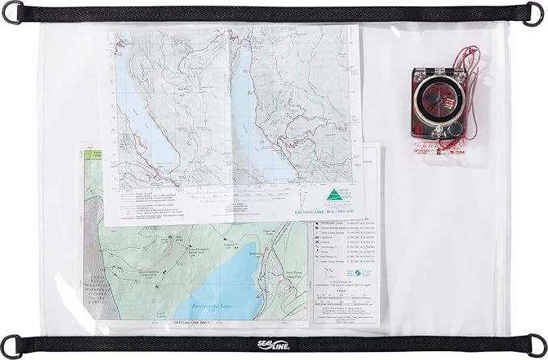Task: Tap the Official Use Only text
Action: tap(203, 325)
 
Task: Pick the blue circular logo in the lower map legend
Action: tap(367, 273)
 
